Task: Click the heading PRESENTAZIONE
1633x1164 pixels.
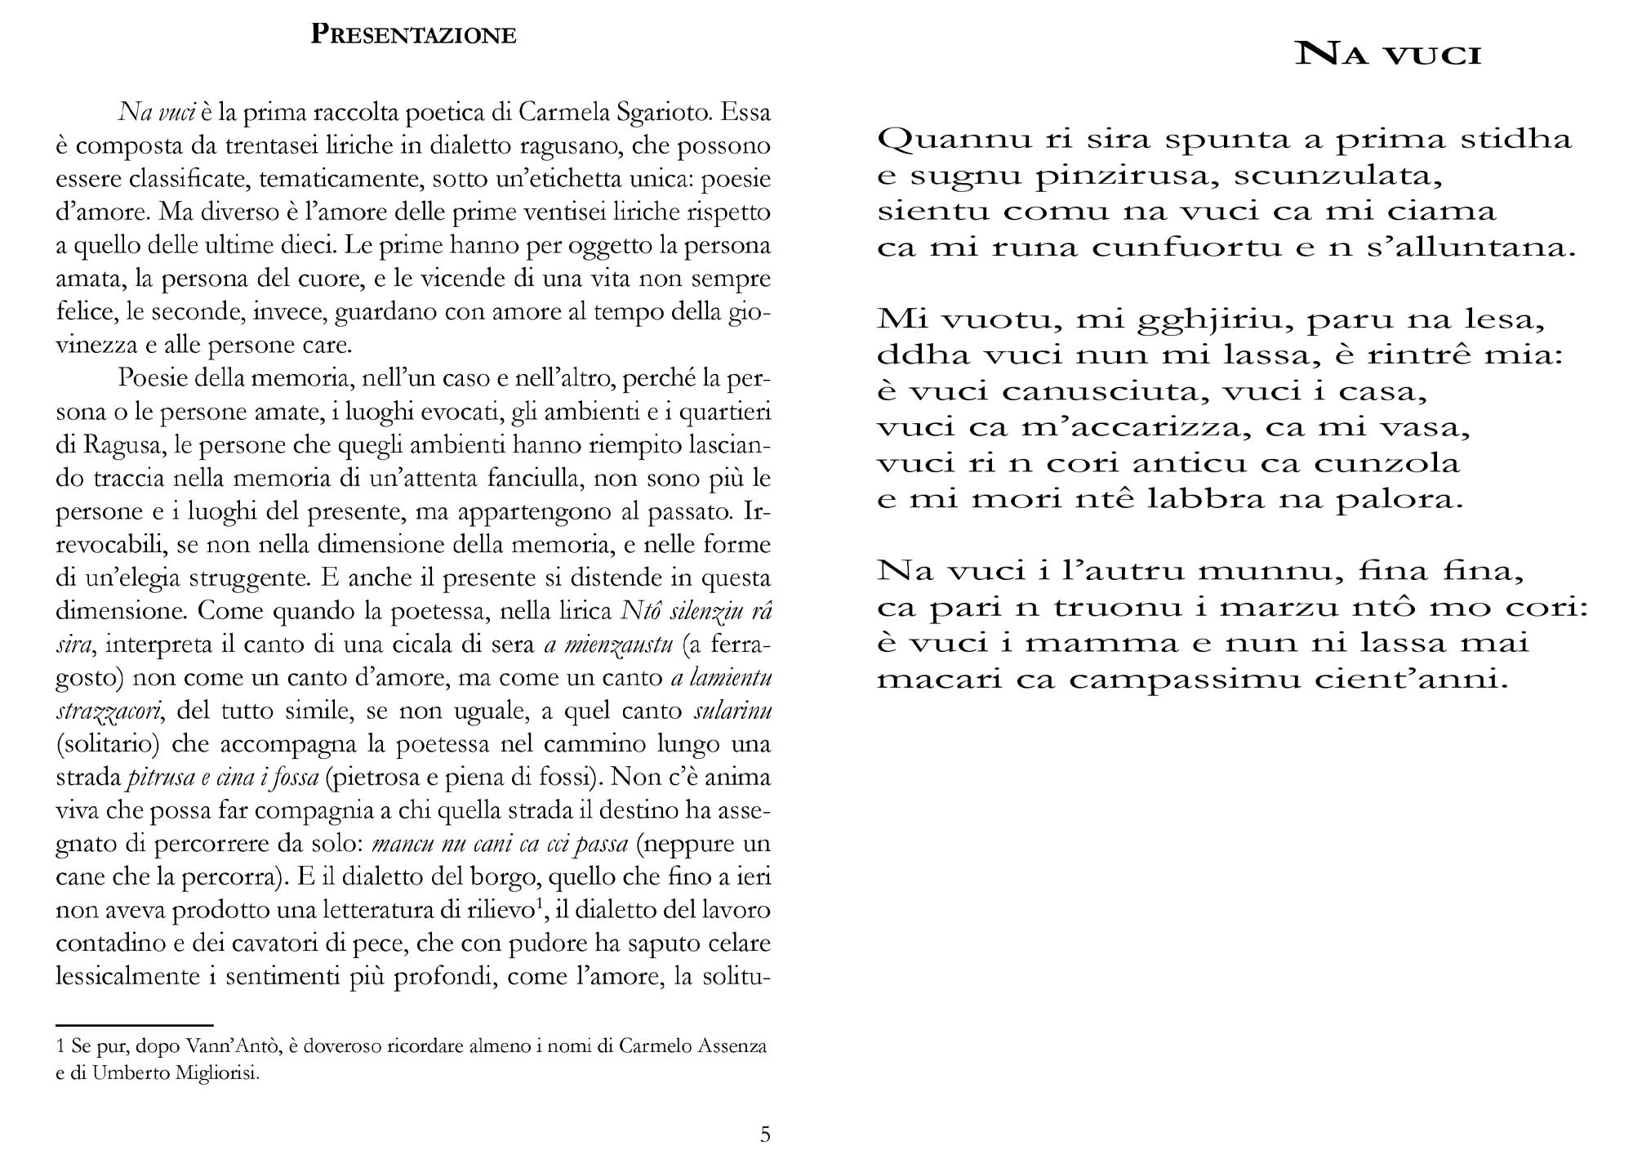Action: click(x=413, y=35)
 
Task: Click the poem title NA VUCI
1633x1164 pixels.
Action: click(x=1389, y=55)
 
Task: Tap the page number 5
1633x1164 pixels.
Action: click(x=765, y=1134)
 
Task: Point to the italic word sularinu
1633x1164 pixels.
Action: click(x=732, y=711)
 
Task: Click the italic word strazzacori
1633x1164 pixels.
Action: click(x=109, y=711)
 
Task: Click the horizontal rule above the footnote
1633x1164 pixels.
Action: click(x=134, y=1024)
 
